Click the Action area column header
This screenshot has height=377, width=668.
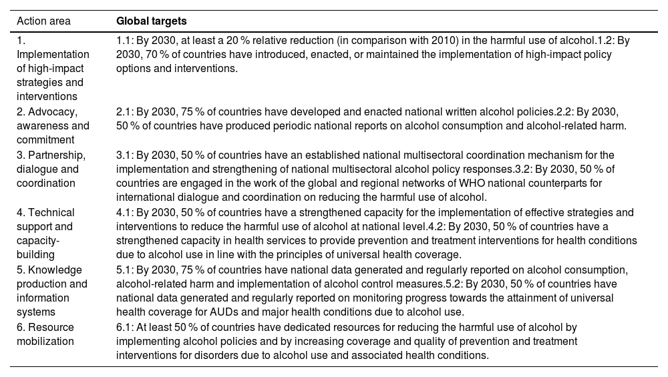43,21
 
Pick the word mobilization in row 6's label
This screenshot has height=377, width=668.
45,341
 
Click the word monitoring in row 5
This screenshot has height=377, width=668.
371,298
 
